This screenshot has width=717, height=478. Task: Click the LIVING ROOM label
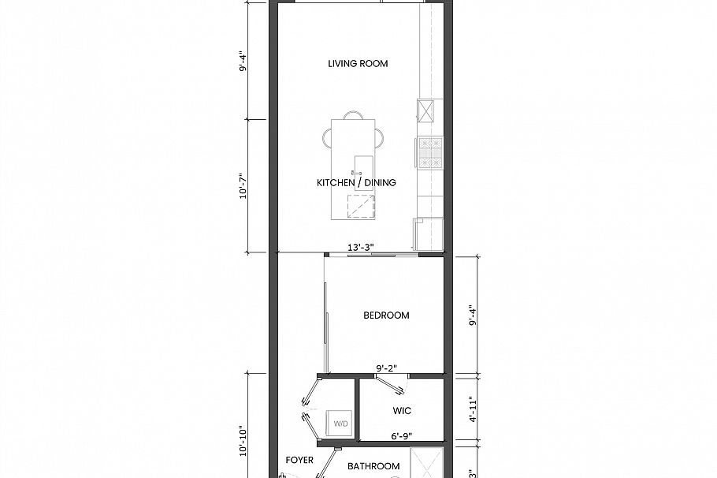click(358, 64)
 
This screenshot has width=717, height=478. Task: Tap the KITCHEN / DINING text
click(356, 183)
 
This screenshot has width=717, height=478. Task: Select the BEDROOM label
click(386, 316)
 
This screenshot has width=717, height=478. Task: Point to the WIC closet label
click(402, 411)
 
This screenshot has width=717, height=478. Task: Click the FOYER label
click(299, 460)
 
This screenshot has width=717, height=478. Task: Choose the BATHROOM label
click(373, 466)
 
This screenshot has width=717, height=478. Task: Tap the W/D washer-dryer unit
click(340, 424)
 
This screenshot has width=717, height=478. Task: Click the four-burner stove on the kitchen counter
click(431, 153)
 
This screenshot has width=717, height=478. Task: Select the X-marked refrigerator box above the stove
click(427, 111)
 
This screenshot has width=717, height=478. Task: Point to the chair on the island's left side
click(328, 138)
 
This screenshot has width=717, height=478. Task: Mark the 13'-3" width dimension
click(360, 248)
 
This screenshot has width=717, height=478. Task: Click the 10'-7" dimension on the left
click(244, 185)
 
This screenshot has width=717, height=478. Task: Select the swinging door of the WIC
click(390, 384)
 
